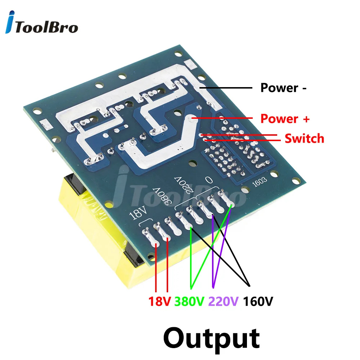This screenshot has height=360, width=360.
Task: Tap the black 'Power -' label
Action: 283,88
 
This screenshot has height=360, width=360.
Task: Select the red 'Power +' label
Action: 285,119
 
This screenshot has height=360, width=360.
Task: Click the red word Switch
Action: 304,139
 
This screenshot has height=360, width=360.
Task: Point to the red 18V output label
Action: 159,301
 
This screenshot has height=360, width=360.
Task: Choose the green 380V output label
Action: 189,301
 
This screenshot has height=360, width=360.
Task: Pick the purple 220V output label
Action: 224,301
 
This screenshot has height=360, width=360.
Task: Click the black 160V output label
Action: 258,301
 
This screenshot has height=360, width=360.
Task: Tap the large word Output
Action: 211,339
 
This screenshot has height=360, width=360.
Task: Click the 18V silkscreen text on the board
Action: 138,213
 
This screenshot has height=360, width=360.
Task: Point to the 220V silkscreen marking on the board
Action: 184,185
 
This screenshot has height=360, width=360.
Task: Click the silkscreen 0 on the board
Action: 209,180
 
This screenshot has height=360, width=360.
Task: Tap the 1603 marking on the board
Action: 260,181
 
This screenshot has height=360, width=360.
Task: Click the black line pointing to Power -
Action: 226,88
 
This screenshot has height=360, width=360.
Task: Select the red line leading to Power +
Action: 222,118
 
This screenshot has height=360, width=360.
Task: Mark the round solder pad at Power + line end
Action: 190,119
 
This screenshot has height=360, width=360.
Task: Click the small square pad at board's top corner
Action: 190,64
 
